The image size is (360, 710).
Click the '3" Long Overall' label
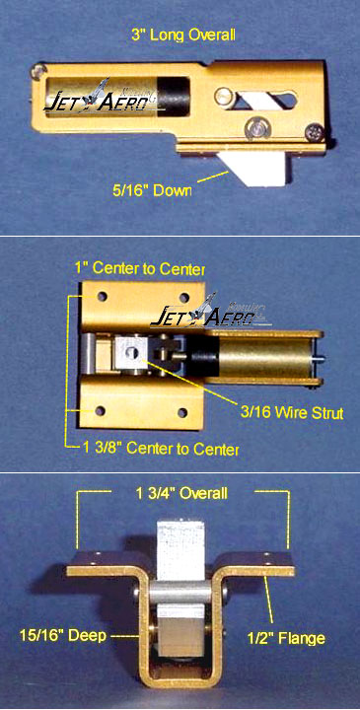[x=182, y=35]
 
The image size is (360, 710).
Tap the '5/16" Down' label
[x=152, y=190]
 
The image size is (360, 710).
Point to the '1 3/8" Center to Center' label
[x=161, y=449]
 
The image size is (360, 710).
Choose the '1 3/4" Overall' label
[x=181, y=493]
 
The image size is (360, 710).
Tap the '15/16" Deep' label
[x=63, y=635]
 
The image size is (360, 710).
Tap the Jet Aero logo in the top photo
[x=98, y=97]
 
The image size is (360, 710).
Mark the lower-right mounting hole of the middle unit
[x=182, y=413]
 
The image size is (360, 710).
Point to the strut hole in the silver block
[x=133, y=353]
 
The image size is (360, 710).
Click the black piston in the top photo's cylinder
[x=175, y=98]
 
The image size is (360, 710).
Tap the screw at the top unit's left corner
[x=38, y=71]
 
